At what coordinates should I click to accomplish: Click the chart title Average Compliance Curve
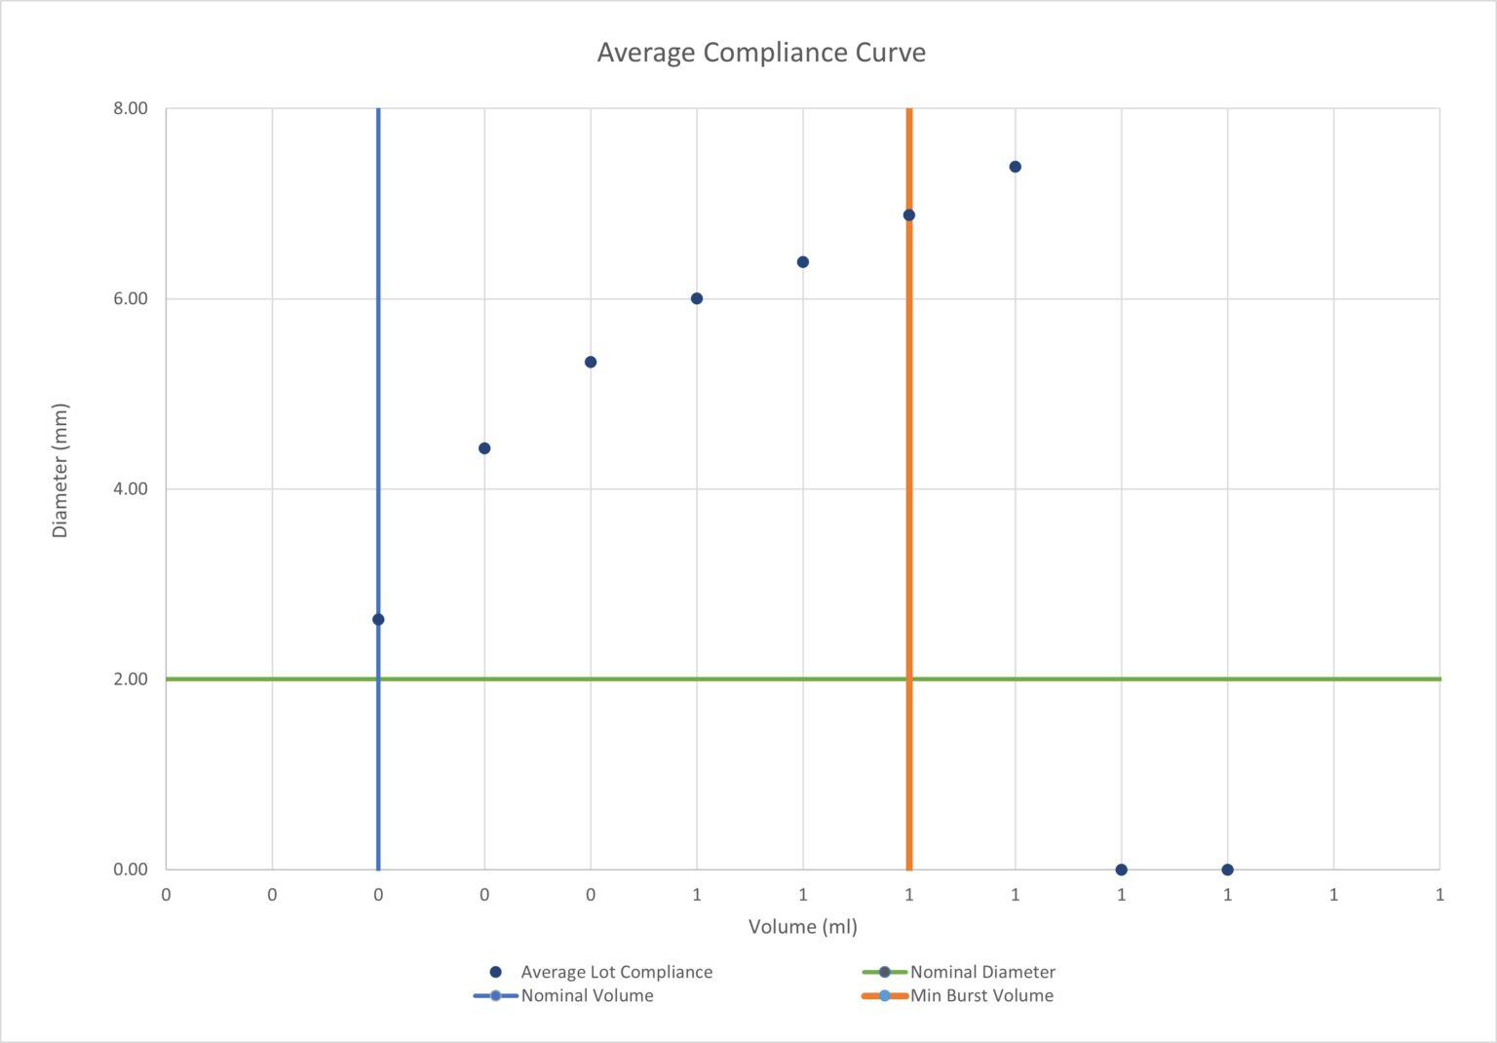point(761,53)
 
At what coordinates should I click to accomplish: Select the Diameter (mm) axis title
point(60,470)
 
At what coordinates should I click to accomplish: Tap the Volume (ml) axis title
point(802,926)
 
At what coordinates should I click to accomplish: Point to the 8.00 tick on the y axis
point(131,108)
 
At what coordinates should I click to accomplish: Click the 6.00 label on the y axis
point(131,298)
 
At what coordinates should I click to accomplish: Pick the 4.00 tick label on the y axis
point(131,488)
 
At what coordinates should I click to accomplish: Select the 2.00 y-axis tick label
point(131,678)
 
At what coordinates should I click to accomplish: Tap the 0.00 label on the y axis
point(131,869)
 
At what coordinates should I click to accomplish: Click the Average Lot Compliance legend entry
point(616,972)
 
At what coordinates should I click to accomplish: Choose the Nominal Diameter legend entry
point(982,972)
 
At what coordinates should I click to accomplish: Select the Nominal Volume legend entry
point(587,995)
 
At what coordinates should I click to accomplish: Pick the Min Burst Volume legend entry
point(981,995)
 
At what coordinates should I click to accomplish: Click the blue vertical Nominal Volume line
point(378,390)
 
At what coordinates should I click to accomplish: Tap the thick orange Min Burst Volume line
point(909,439)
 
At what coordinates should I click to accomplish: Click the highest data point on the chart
point(1015,167)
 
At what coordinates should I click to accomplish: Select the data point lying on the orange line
point(909,214)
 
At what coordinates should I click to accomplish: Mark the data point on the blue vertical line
point(378,619)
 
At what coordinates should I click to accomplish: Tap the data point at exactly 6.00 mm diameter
point(697,298)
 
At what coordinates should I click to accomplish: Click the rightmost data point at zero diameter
point(1227,869)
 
